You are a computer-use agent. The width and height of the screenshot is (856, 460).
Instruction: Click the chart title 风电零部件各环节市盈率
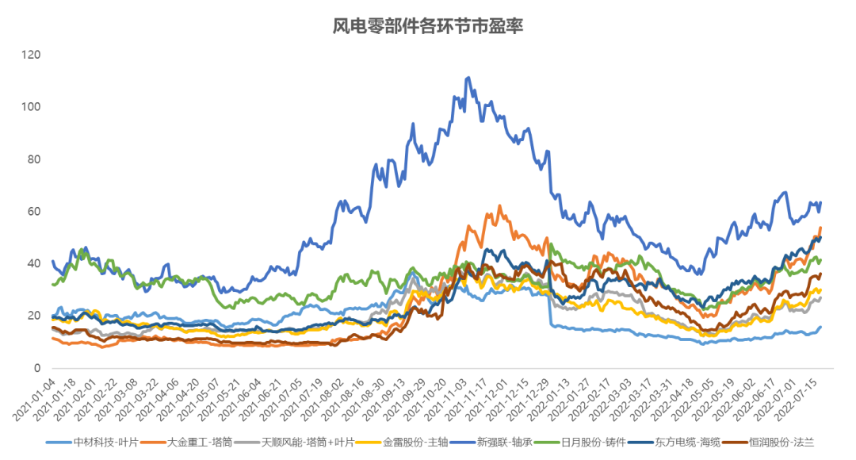tap(428, 26)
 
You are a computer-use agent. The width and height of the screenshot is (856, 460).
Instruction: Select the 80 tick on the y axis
tap(34, 159)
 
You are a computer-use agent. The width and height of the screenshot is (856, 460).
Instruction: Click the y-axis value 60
tap(34, 212)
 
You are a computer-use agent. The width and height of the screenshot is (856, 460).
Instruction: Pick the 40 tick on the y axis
tap(34, 263)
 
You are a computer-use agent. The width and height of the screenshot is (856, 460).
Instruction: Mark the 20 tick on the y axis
tap(34, 316)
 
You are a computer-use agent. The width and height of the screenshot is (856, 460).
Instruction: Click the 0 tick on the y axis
tap(37, 368)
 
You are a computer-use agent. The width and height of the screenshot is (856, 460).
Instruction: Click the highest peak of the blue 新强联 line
tap(468, 78)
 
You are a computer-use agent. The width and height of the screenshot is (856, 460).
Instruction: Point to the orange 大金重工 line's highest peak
tap(499, 205)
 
